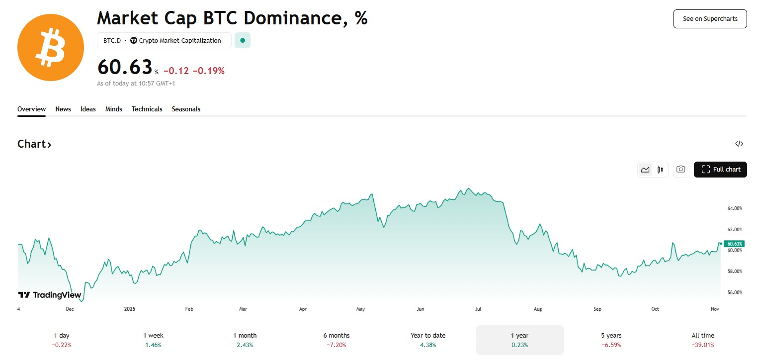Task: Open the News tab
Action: pyautogui.click(x=63, y=109)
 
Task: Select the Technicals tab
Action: pyautogui.click(x=147, y=109)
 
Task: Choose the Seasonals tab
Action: pyautogui.click(x=186, y=109)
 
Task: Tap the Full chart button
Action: pyautogui.click(x=720, y=170)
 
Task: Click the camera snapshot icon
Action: pyautogui.click(x=681, y=170)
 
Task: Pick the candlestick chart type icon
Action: pyautogui.click(x=660, y=170)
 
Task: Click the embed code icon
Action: pyautogui.click(x=739, y=144)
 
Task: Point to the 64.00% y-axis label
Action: pyautogui.click(x=734, y=208)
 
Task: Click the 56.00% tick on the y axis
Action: pyautogui.click(x=734, y=292)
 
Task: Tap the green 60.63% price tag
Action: pyautogui.click(x=734, y=244)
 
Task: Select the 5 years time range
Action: pyautogui.click(x=611, y=340)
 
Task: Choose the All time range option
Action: pyautogui.click(x=702, y=340)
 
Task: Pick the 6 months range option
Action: pyautogui.click(x=337, y=340)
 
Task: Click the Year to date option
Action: pyautogui.click(x=428, y=340)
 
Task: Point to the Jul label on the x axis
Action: pyautogui.click(x=478, y=309)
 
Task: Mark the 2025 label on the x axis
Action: pyautogui.click(x=129, y=309)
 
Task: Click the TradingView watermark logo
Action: pyautogui.click(x=50, y=295)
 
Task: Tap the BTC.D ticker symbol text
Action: pyautogui.click(x=112, y=41)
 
